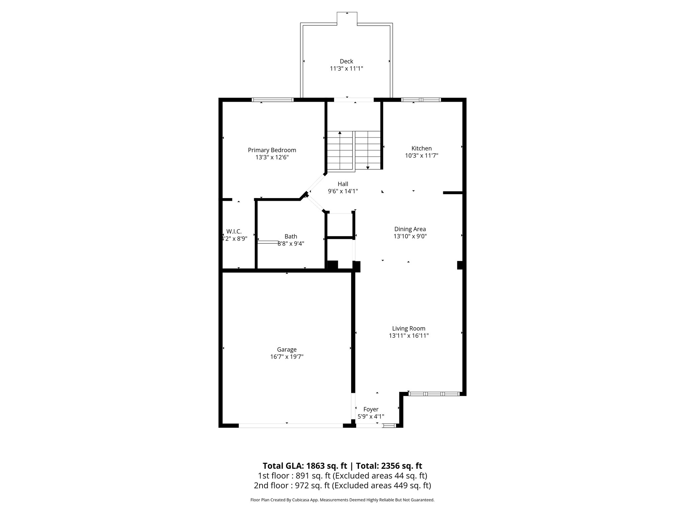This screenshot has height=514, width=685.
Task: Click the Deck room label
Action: click(346, 61)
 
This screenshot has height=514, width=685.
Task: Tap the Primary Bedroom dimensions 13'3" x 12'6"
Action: click(272, 157)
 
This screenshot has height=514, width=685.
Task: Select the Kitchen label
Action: click(421, 148)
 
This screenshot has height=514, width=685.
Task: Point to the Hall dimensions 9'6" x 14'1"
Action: click(343, 191)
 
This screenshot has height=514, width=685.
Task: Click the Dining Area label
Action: click(410, 229)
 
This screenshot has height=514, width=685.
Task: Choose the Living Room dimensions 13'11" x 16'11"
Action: click(409, 336)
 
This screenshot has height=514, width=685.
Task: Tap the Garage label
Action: click(287, 350)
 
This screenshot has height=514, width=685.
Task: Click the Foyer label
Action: click(371, 409)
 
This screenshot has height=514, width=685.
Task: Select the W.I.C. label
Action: click(234, 232)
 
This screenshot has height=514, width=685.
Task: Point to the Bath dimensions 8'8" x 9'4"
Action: click(291, 244)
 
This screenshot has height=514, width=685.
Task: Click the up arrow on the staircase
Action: click(340, 133)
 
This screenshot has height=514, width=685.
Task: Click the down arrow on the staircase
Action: click(368, 167)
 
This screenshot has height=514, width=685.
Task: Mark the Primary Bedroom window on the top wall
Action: click(273, 100)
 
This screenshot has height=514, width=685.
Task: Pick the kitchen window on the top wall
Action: click(421, 100)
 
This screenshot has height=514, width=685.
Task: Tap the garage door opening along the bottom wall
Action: click(291, 425)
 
